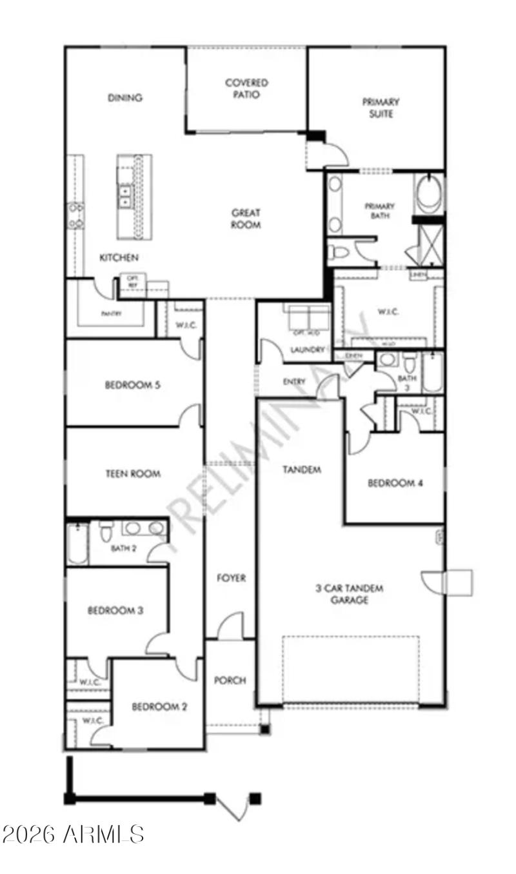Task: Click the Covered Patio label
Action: pos(246,88)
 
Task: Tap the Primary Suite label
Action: pos(381,108)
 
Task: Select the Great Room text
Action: pos(246,219)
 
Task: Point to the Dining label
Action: pos(125,98)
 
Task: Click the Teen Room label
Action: pos(132,473)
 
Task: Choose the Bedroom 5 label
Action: pos(132,385)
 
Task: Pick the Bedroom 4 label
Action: pos(395,482)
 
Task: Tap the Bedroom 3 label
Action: pos(115,610)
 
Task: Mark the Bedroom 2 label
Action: pos(159,707)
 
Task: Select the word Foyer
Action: pos(231,578)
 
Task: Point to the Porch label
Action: pos(230,680)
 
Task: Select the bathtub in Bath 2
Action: pos(77,543)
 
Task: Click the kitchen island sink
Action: pos(124,196)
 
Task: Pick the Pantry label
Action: pos(112,314)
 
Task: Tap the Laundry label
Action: pos(307,350)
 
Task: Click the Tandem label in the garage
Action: pos(301,470)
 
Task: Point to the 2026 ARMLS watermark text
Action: pos(72,834)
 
